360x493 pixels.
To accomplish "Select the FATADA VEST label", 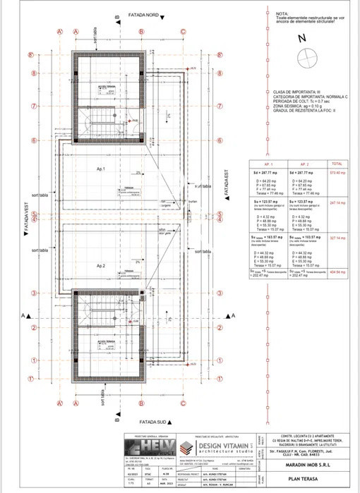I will coord(26,219).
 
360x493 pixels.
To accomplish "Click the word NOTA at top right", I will coord(282,13).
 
